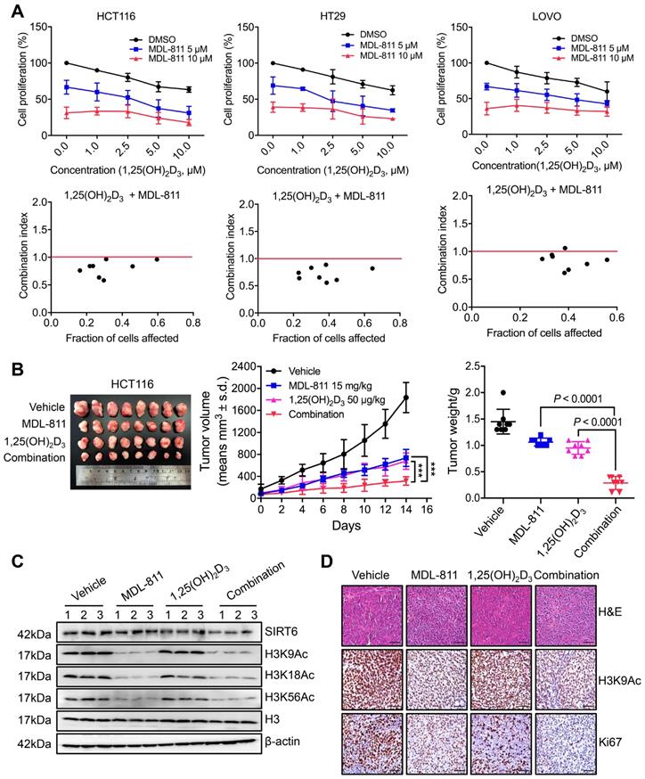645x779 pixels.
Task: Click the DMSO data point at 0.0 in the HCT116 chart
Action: (66, 62)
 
